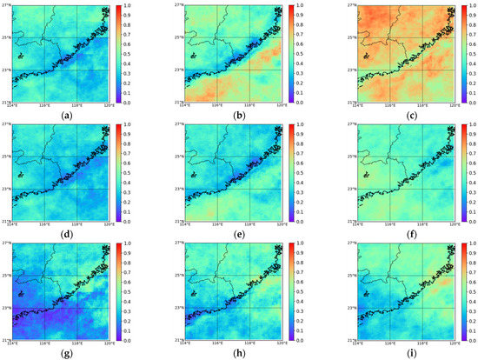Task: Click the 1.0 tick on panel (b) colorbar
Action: click(x=302, y=5)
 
